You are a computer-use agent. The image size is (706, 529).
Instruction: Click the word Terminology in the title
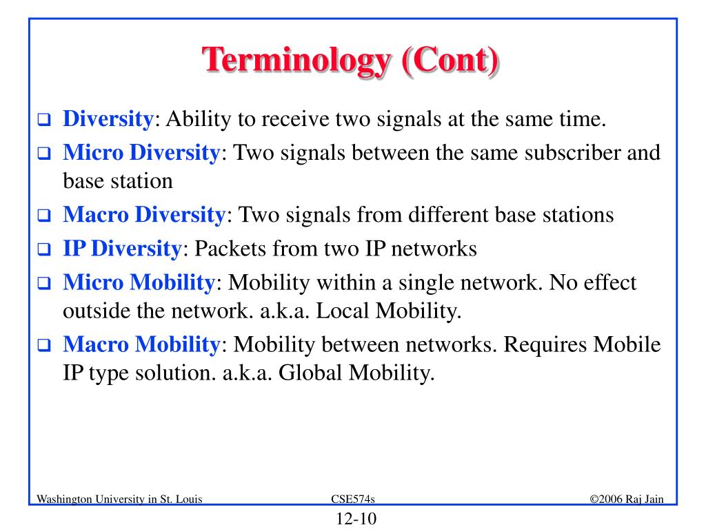point(296,61)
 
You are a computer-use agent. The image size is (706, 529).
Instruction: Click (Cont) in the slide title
point(450,60)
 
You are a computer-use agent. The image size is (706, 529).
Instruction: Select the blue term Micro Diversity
point(141,153)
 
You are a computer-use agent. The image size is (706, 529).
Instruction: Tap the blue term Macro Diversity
point(144,215)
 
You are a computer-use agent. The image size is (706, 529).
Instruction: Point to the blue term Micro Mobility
point(139,283)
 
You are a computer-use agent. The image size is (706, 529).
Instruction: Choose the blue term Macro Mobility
point(141,345)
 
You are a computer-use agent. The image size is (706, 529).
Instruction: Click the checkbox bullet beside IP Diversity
point(44,249)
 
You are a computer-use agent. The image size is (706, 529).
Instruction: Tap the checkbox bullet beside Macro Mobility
point(44,345)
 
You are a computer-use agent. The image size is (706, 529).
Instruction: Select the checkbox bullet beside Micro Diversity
point(44,154)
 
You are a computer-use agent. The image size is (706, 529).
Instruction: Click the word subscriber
point(573,153)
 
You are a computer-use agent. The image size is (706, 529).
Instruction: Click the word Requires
point(545,346)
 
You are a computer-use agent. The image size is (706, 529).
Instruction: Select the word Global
point(310,373)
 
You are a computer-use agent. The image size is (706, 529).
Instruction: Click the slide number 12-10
point(356,519)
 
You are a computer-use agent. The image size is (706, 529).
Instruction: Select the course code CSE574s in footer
point(353,499)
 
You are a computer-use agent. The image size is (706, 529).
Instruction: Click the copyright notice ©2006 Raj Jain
point(627,499)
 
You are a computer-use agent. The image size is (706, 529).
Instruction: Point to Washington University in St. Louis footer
point(119,499)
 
